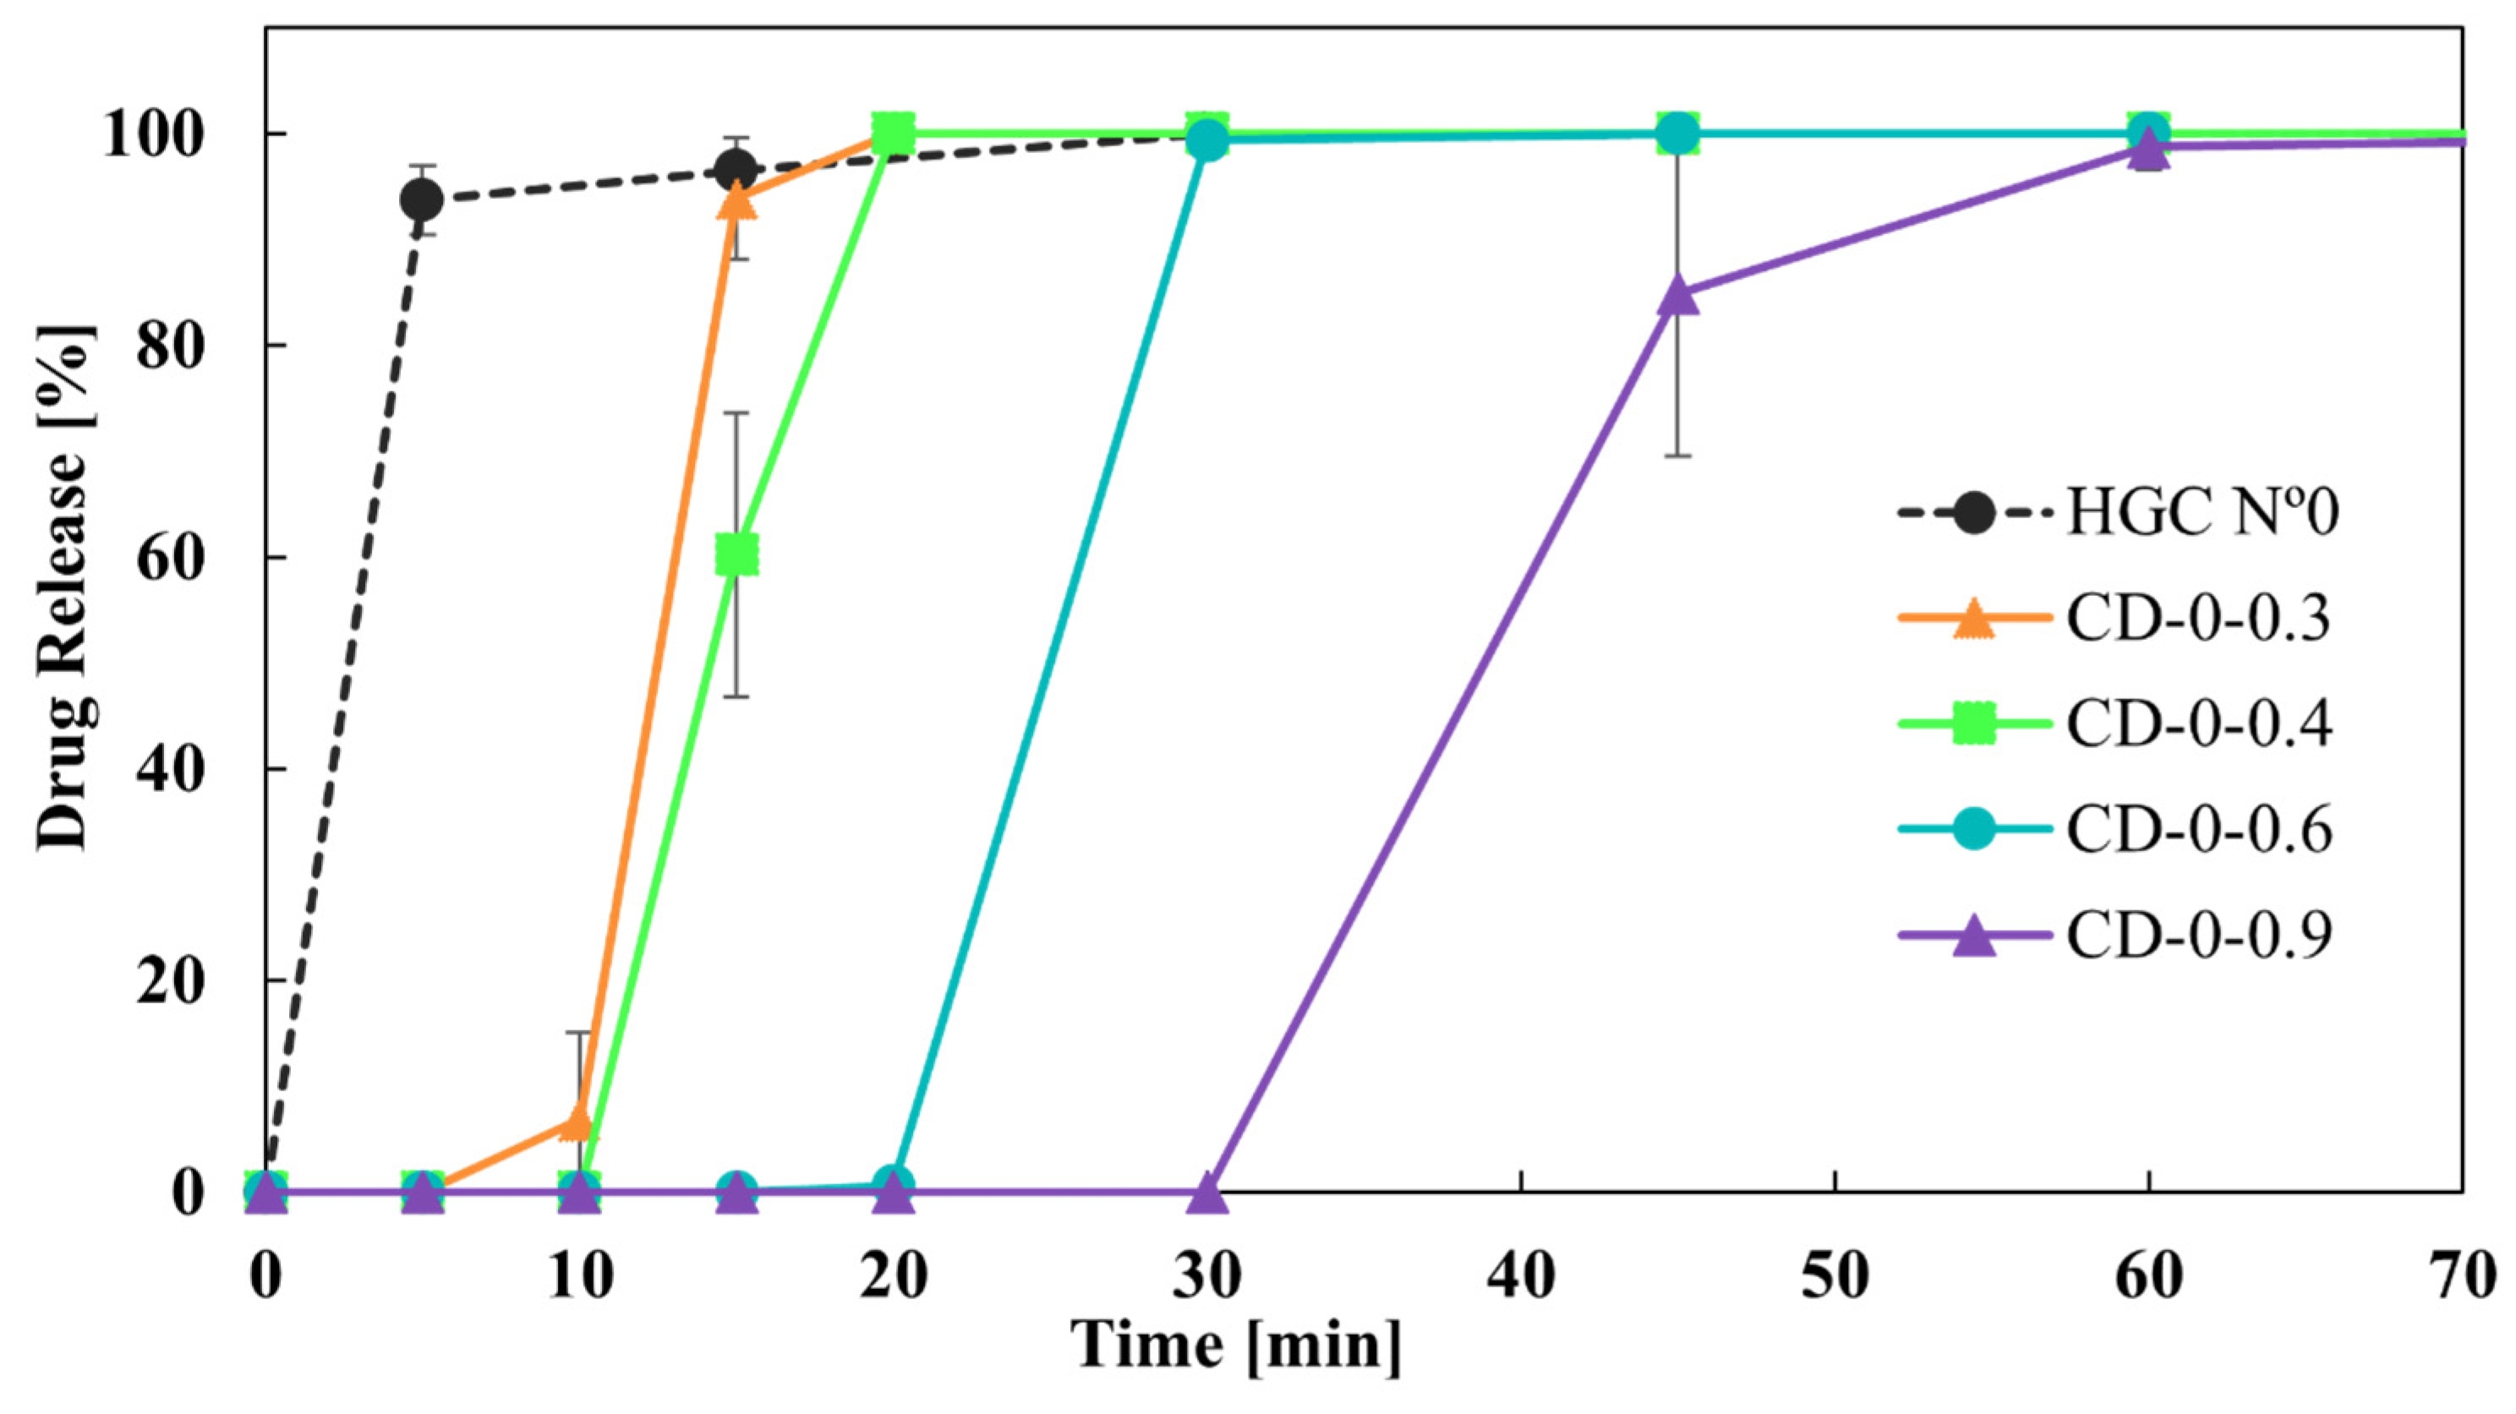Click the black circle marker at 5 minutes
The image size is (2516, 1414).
pyautogui.click(x=422, y=201)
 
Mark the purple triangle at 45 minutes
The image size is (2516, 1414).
pyautogui.click(x=1678, y=293)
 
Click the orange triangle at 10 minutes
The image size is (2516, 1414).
pyautogui.click(x=578, y=1123)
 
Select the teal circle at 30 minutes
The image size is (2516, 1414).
pyautogui.click(x=1208, y=139)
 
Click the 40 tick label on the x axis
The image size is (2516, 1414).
pyautogui.click(x=1521, y=1277)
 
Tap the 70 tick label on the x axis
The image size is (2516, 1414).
pyautogui.click(x=2461, y=1277)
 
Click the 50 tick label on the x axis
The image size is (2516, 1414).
pyautogui.click(x=1835, y=1277)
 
